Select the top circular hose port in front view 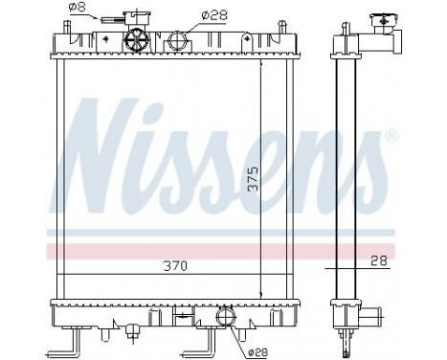(x=179, y=41)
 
